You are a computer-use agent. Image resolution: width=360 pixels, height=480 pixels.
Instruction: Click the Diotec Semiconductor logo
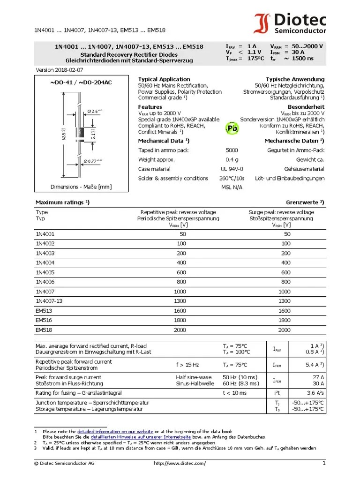coord(290,23)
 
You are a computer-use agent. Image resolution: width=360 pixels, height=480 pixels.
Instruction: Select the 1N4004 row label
coord(45,262)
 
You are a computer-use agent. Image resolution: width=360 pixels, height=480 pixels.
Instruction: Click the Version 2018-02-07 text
coord(60,70)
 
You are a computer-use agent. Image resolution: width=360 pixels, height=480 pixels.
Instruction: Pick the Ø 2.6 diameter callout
coord(94,111)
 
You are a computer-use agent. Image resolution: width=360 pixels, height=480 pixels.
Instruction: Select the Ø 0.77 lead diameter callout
coord(94,161)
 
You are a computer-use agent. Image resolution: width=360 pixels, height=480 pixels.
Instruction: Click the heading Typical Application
coord(164,79)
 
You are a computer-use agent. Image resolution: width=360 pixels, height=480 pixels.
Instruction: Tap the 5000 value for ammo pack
coord(232,150)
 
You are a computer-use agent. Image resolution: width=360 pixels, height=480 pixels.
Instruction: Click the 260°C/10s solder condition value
coord(232,178)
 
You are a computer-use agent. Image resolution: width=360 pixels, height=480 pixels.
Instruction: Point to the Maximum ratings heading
coord(62,202)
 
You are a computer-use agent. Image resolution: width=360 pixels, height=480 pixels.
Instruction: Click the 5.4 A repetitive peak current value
coord(312,364)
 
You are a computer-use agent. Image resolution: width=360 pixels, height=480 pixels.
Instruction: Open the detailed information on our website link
coord(115,431)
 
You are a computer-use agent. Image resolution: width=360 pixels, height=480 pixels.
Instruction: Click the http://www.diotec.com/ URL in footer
coord(180,464)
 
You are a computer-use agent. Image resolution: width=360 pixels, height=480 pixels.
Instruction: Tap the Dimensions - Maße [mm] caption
coord(81,187)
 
